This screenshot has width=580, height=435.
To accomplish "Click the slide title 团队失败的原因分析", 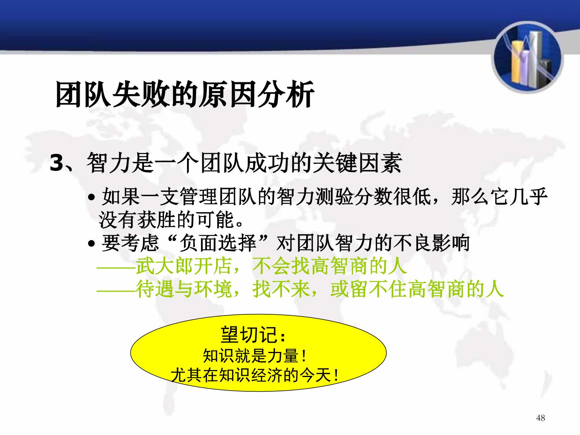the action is click(x=185, y=94).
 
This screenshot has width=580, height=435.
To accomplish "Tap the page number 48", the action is click(x=540, y=418).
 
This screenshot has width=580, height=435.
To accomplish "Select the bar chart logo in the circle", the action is click(x=527, y=58).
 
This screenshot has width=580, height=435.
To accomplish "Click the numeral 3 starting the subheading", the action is click(x=57, y=163).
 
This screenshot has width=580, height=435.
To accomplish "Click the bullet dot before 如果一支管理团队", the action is click(x=91, y=197).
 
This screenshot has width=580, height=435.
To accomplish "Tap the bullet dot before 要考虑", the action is click(x=91, y=243).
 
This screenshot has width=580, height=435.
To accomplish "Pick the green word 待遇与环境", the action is click(x=184, y=289).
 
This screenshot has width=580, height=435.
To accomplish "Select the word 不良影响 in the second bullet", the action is click(x=431, y=243).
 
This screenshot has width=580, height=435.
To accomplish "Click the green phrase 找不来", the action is click(x=281, y=289).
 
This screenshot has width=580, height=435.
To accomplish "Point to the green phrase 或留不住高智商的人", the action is click(x=417, y=289).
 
